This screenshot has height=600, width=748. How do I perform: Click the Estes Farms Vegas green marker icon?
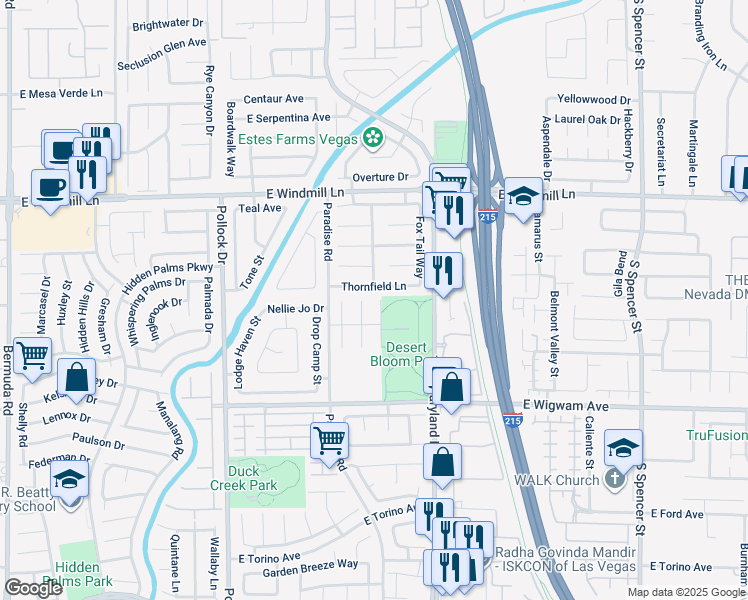pyautogui.click(x=374, y=138)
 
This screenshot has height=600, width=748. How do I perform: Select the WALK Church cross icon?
pyautogui.click(x=614, y=479)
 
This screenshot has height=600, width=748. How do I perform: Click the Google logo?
pyautogui.click(x=33, y=588)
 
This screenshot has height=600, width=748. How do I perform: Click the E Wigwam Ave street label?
pyautogui.click(x=566, y=407)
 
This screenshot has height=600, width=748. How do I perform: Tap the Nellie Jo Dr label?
pyautogui.click(x=297, y=308)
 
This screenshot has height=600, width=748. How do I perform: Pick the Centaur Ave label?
pyautogui.click(x=273, y=99)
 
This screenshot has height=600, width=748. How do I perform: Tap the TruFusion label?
pyautogui.click(x=716, y=435)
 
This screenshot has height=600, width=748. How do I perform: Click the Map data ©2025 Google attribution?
pyautogui.click(x=685, y=592)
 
